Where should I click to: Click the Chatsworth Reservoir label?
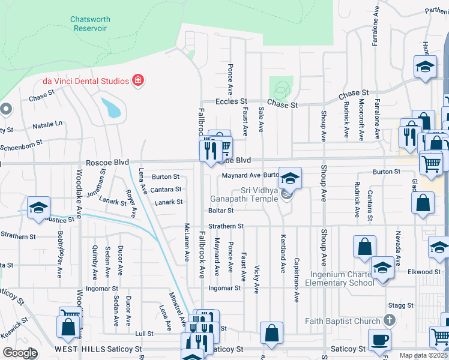[x=90, y=23]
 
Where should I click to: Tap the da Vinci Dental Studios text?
[x=85, y=80]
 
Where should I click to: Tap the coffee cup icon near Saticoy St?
[x=379, y=340]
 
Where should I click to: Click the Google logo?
[x=20, y=353]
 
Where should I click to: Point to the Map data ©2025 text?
[x=423, y=355]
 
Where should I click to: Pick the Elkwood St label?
[x=420, y=272]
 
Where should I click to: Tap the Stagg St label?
[x=402, y=305]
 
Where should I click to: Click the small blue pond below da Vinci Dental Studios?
[x=111, y=107]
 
